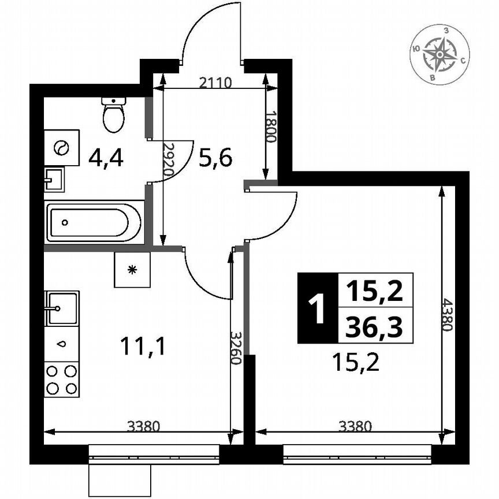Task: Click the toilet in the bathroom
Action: (x=114, y=114)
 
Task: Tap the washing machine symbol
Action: (x=62, y=147)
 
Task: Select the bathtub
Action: (x=94, y=222)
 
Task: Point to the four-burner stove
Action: (x=61, y=379)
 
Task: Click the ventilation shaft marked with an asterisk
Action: (x=132, y=270)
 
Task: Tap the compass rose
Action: (x=440, y=54)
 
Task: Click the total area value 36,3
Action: (x=374, y=329)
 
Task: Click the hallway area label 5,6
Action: (x=215, y=157)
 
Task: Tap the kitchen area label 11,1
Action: (x=143, y=346)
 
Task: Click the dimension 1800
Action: (x=272, y=126)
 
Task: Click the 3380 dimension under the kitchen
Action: (x=143, y=427)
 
